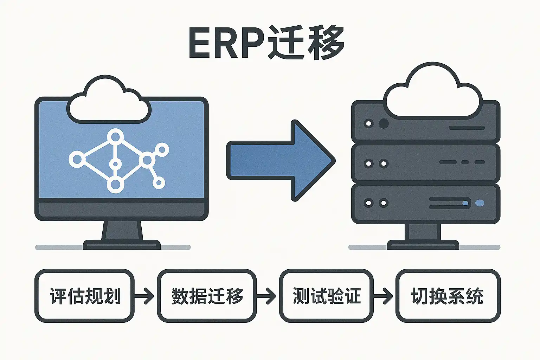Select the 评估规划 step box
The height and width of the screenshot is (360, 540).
pos(84,296)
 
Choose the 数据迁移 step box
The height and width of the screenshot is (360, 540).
pos(207,296)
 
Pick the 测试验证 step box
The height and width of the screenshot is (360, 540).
pos(326,296)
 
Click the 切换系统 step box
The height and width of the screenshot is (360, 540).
pos(448,296)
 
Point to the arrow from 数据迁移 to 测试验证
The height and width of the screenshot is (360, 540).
pos(267,296)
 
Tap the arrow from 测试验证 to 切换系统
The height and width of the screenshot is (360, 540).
pos(384,296)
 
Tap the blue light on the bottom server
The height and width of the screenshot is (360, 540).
pos(479,203)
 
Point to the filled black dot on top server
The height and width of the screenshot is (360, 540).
pos(384,123)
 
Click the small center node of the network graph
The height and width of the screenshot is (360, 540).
pos(115,164)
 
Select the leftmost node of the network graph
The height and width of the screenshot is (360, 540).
pos(76,159)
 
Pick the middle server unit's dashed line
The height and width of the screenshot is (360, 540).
pos(462,162)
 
